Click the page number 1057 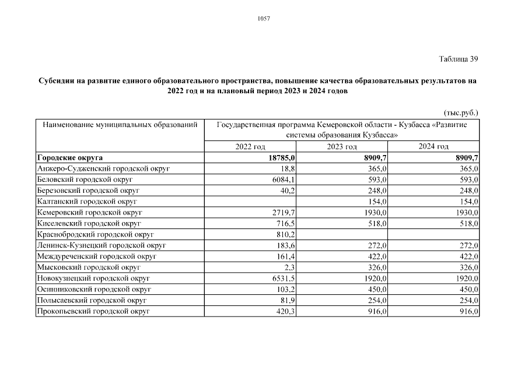[x=264, y=19]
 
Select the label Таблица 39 [x=459, y=59]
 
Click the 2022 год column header [x=250, y=147]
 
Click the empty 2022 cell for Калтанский [x=250, y=202]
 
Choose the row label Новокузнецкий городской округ [x=93, y=279]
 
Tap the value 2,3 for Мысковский [x=290, y=268]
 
